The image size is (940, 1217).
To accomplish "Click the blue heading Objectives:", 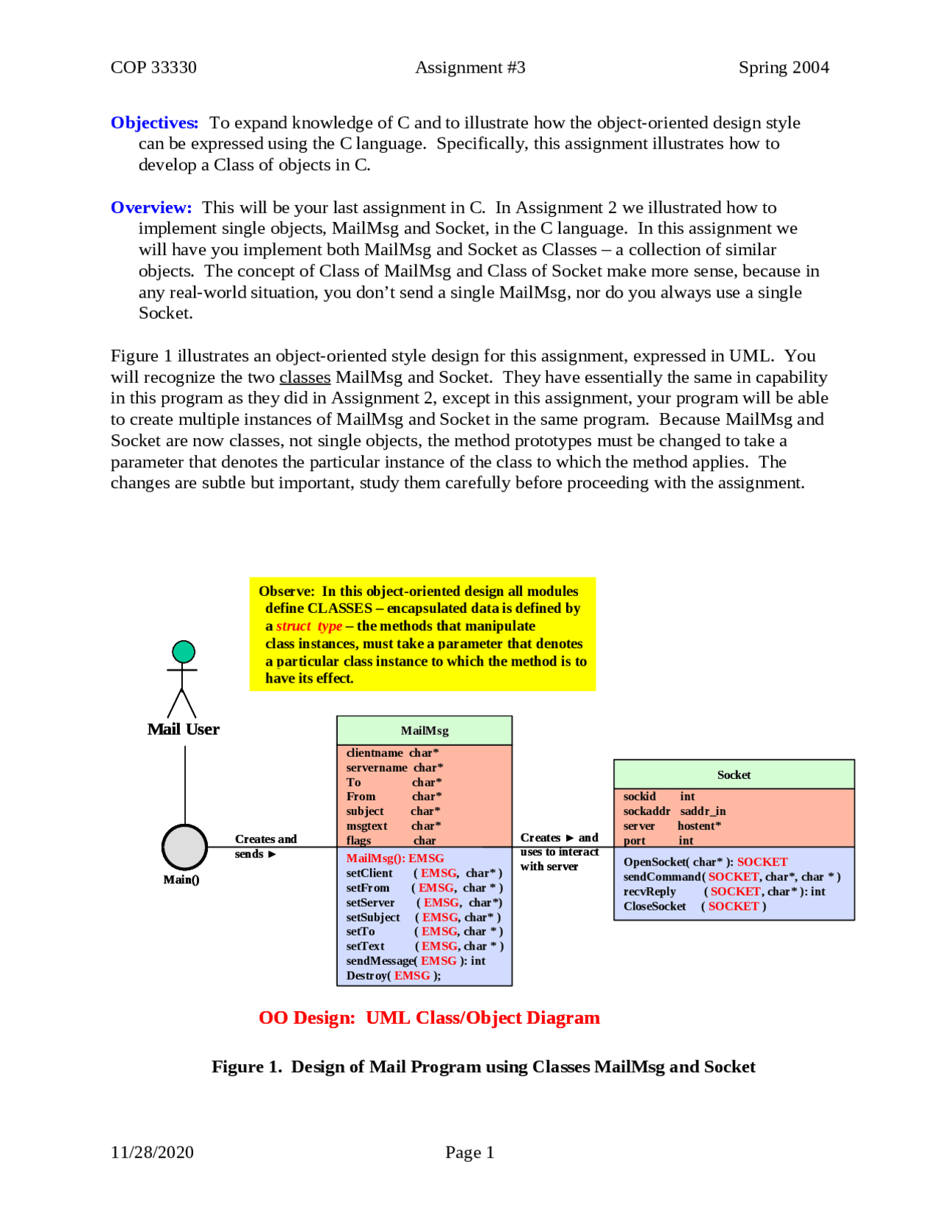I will point(154,123).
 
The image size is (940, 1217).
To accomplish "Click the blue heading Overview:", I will point(151,208).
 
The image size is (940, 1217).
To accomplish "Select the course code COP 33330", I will point(153,68).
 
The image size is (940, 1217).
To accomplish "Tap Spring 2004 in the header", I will point(784,68).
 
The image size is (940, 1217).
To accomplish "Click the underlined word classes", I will point(305,378).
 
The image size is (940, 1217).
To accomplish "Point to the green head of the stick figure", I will point(184,652).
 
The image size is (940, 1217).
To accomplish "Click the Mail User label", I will point(184,730).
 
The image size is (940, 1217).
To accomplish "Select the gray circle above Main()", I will point(184,847).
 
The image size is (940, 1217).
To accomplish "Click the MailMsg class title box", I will point(424,731).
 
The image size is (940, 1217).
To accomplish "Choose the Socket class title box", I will point(734,775).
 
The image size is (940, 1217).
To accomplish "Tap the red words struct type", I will point(309,626).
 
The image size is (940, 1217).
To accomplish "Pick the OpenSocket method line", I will point(705,862).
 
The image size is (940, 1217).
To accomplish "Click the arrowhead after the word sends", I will point(272,855).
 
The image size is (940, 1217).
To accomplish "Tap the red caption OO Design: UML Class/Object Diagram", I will point(429,1018).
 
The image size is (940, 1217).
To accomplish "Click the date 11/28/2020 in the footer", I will point(152,1152).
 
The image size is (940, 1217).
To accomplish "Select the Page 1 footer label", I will point(469,1152).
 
